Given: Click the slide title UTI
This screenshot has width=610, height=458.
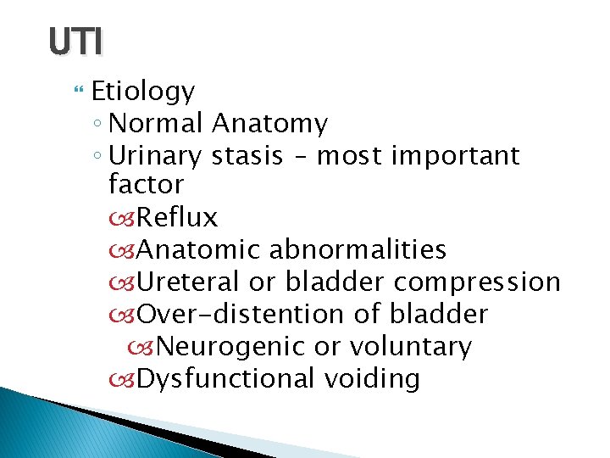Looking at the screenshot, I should (x=75, y=41).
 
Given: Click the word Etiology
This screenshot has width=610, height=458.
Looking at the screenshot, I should (x=143, y=92).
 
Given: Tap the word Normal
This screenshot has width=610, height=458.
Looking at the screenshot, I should (x=156, y=124).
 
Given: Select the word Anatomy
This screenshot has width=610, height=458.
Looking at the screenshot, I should (x=269, y=124).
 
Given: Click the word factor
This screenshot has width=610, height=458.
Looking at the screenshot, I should (x=146, y=184).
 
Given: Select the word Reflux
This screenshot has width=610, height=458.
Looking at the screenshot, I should (x=176, y=218).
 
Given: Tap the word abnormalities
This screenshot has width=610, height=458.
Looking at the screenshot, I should (x=358, y=249).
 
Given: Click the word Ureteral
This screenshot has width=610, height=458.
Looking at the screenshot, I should (x=188, y=282).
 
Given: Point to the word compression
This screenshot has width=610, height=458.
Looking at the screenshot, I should (x=477, y=282).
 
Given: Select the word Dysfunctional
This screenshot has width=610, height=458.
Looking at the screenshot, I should (x=225, y=378).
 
